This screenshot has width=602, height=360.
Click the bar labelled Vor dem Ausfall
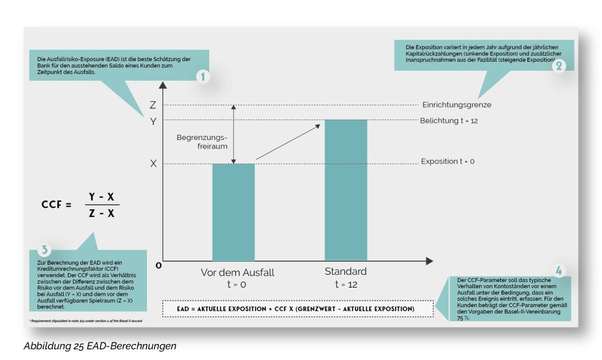click(234, 212)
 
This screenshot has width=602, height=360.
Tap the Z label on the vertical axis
click(153, 105)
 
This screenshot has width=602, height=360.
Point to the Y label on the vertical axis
click(153, 121)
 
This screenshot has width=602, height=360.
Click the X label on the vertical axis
click(153, 164)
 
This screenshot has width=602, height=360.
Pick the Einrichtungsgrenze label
click(456, 105)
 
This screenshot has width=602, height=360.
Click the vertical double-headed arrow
click(233, 134)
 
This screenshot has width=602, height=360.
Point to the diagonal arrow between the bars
click(288, 141)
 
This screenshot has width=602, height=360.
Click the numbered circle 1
click(202, 77)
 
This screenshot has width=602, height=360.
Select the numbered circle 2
click(558, 66)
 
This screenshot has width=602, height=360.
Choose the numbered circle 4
click(558, 271)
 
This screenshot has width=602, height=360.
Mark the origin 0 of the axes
click(158, 265)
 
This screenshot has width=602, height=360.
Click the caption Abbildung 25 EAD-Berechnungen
click(100, 346)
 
